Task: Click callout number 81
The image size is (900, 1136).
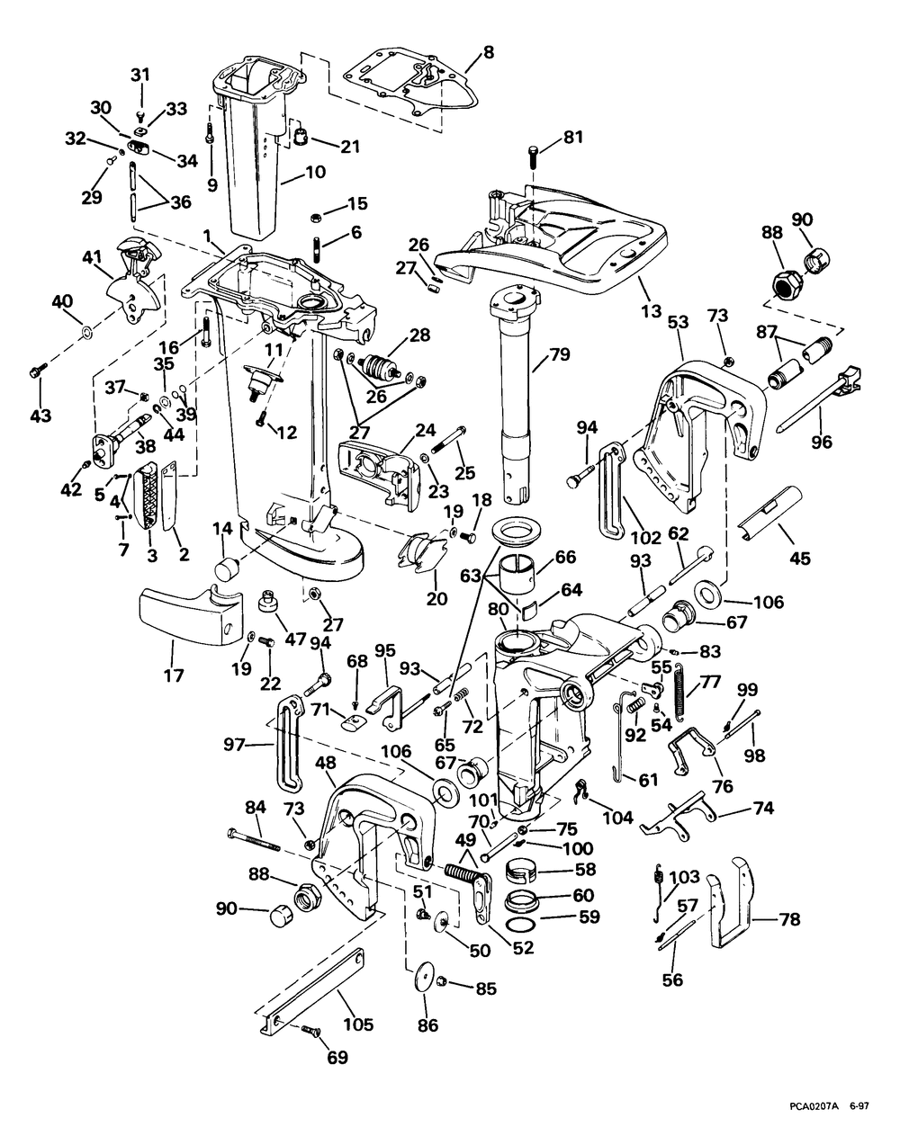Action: point(574,138)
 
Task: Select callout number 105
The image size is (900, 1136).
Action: point(357,1024)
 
